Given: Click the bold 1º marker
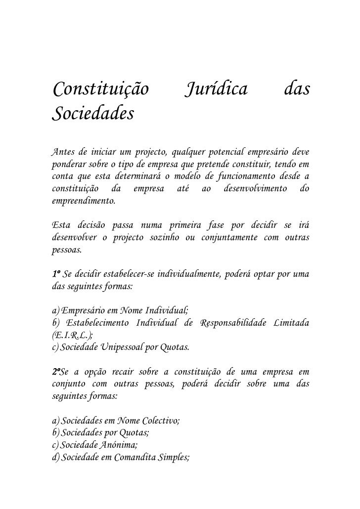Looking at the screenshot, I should click(56, 274).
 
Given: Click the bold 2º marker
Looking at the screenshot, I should click(57, 371).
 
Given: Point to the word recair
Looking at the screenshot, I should click(120, 371).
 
